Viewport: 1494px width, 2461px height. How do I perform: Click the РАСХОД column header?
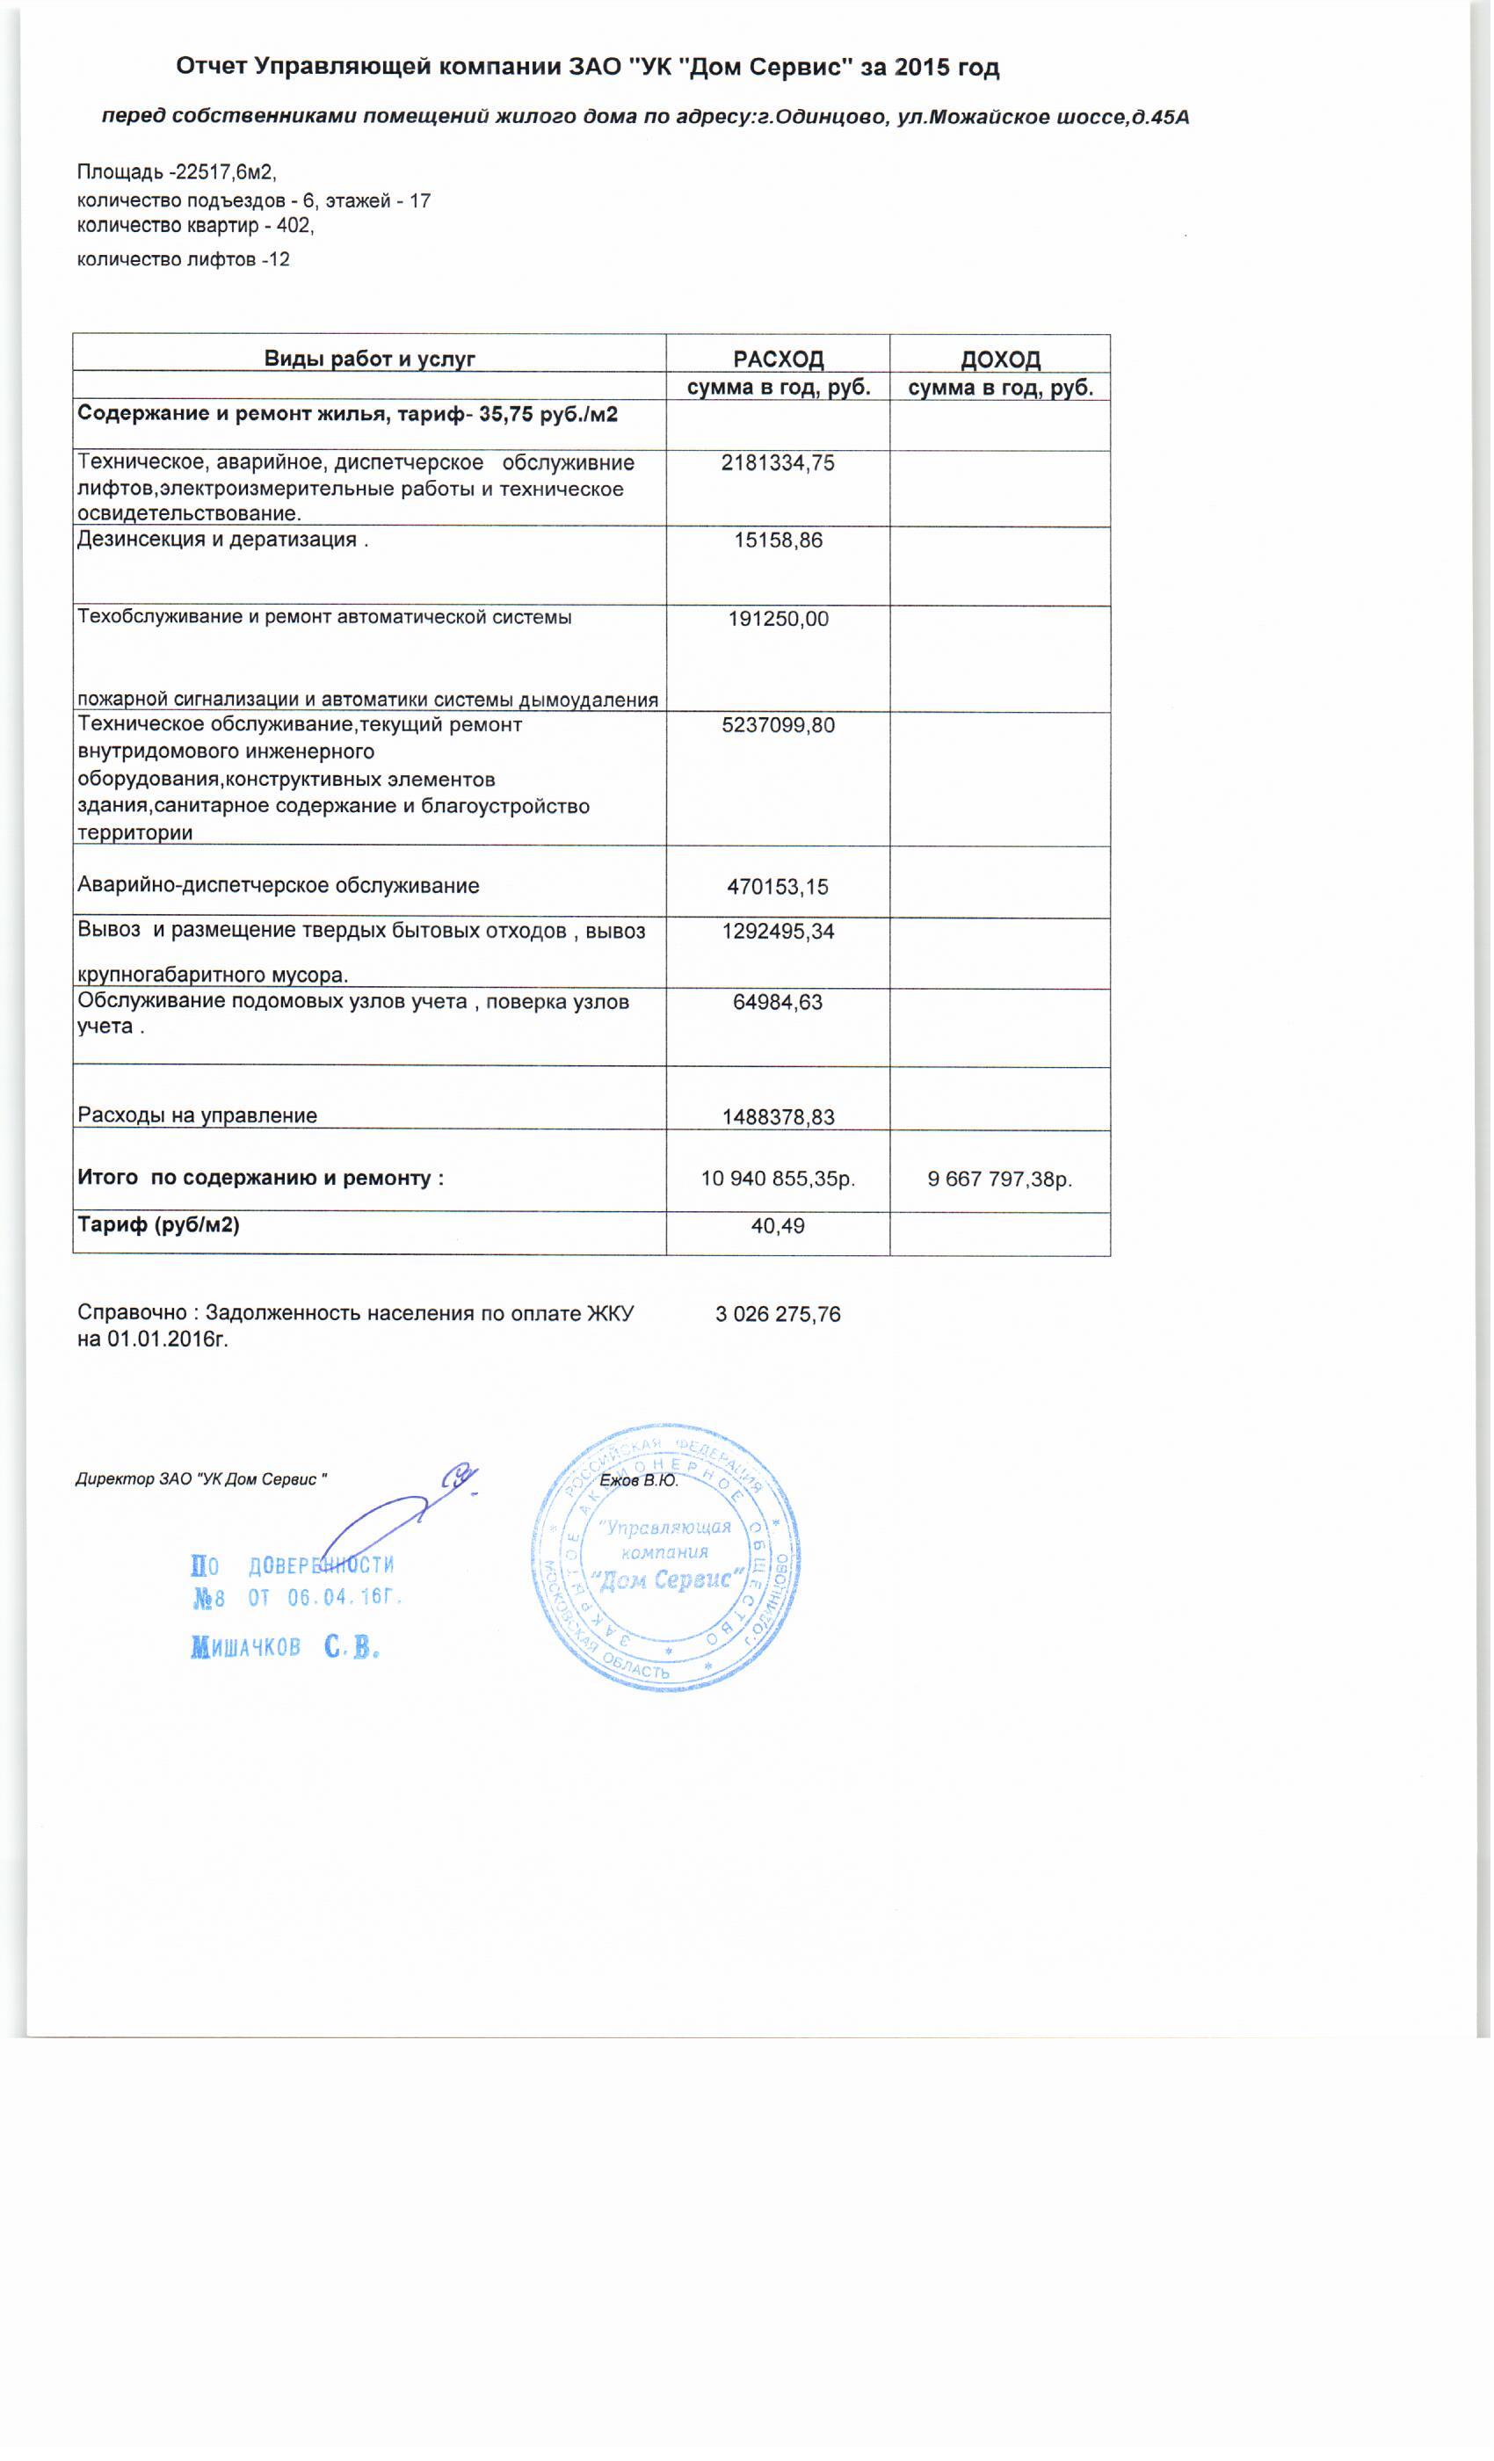(778, 359)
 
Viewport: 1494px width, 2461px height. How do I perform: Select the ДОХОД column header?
(1000, 359)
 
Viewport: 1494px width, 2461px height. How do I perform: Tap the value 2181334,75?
(778, 462)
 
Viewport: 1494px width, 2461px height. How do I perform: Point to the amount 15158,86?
(778, 541)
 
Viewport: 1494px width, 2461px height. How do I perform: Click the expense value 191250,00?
(778, 620)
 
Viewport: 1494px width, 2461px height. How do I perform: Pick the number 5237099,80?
(778, 725)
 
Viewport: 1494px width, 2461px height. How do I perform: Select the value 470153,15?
(778, 887)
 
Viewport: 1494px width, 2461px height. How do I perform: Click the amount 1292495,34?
(778, 932)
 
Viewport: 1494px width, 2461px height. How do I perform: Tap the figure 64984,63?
(778, 1003)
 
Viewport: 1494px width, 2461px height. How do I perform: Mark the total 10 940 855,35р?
(778, 1179)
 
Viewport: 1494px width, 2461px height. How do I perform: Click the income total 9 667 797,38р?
(1000, 1179)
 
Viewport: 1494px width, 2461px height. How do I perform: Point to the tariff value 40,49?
(778, 1225)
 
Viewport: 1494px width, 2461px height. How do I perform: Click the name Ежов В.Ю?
(639, 1480)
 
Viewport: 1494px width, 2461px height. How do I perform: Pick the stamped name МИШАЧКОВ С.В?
(286, 1648)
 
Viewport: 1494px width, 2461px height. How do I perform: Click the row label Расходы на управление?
(198, 1115)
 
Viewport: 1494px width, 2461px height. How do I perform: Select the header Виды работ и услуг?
(369, 359)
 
